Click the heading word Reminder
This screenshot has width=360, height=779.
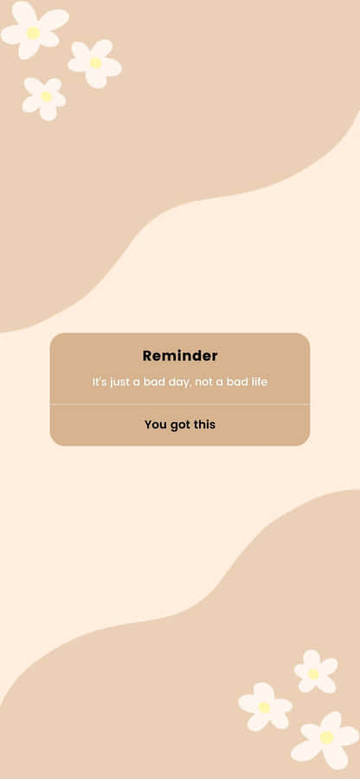[180, 356]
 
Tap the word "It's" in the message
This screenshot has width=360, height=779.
[100, 382]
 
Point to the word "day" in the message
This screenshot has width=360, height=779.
[178, 382]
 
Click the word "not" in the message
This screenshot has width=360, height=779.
[204, 382]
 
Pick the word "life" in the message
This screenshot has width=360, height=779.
[259, 382]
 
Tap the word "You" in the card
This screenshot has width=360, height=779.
[155, 425]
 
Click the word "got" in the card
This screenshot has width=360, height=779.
[180, 425]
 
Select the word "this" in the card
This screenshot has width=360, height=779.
[205, 425]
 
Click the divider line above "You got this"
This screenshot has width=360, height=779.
[180, 404]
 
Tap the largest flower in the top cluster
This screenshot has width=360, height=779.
[33, 31]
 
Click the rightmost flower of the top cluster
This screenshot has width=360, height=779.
[94, 62]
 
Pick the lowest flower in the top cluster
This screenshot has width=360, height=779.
[45, 97]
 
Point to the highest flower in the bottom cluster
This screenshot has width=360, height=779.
[313, 672]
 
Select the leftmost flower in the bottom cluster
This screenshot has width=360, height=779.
[264, 706]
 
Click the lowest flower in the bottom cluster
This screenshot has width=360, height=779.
[325, 737]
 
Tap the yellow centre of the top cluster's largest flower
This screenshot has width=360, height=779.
[33, 33]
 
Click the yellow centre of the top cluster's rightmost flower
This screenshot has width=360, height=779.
[95, 62]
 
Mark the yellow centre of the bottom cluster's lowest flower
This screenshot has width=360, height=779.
[326, 737]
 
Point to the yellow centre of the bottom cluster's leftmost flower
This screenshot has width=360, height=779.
[264, 707]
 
